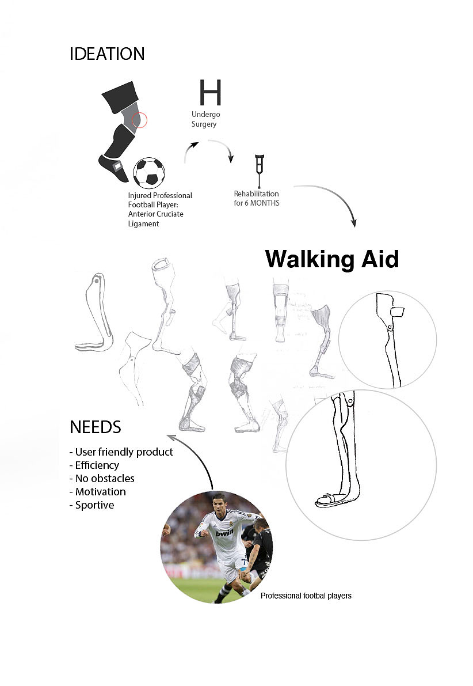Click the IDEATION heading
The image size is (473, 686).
(107, 54)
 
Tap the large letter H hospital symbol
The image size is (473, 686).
(210, 92)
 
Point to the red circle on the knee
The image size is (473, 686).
(139, 120)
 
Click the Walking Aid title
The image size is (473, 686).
(332, 259)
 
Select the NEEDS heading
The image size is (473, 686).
(96, 427)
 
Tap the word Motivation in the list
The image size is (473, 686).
(100, 492)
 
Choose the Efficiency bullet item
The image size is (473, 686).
(97, 465)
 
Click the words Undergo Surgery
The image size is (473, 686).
(205, 119)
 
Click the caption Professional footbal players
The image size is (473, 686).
(306, 596)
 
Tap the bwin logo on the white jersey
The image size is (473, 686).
(224, 533)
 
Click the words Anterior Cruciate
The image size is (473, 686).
(155, 214)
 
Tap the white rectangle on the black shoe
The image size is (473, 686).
(117, 166)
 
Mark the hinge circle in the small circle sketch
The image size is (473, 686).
(390, 328)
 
